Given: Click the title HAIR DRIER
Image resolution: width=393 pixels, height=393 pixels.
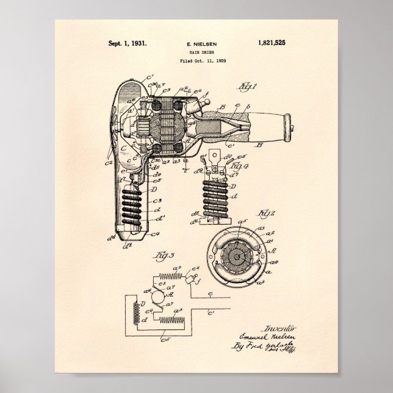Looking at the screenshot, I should tap(196, 53).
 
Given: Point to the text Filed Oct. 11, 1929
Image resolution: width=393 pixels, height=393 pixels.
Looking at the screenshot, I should tap(196, 62).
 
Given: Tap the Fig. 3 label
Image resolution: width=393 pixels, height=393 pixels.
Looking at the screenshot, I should tap(143, 253).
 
